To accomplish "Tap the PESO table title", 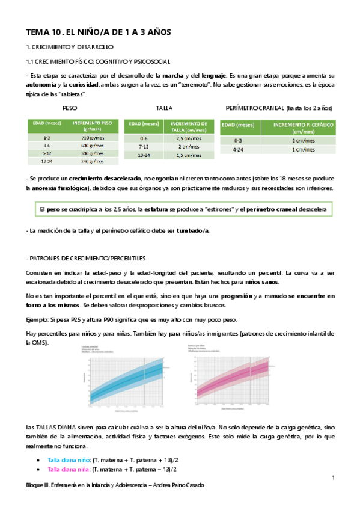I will coord(70,108).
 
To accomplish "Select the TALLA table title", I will coord(163,108).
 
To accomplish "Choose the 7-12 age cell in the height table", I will coord(144,146).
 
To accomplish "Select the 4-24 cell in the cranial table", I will coord(240,149).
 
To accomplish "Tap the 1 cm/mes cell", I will coord(299,149).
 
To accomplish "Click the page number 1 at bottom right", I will coord(332,477).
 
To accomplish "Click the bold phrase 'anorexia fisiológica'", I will coord(60,188).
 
